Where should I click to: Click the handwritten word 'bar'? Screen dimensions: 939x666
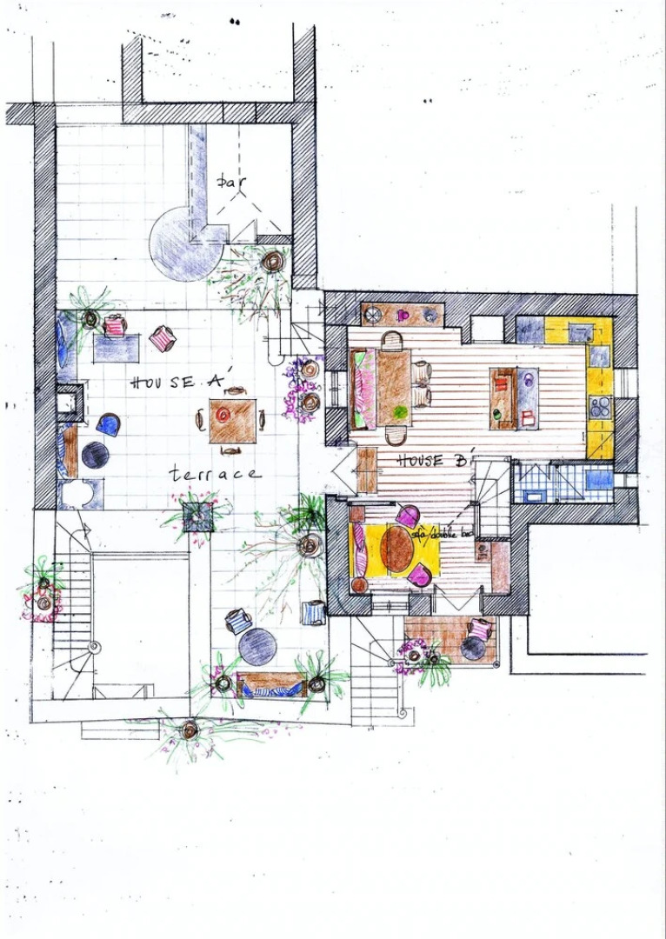230,183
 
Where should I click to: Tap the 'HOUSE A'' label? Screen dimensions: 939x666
176,381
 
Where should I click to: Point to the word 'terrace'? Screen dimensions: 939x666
214,474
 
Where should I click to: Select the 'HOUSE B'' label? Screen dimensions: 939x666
433,460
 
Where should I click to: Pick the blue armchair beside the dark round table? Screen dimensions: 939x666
109,424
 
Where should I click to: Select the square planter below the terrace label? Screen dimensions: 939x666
199,513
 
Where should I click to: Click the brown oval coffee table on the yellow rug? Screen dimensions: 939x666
398,549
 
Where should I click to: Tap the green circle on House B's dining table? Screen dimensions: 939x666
399,411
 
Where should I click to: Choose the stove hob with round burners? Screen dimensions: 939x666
600,407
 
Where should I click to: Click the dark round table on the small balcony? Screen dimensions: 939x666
474,648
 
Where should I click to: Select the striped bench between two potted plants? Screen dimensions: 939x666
270,686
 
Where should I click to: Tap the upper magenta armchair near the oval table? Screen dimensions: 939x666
407,516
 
